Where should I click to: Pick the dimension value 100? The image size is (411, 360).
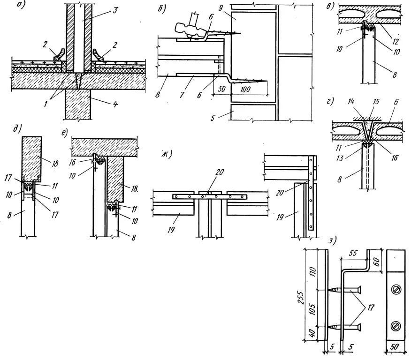coord(244,89)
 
